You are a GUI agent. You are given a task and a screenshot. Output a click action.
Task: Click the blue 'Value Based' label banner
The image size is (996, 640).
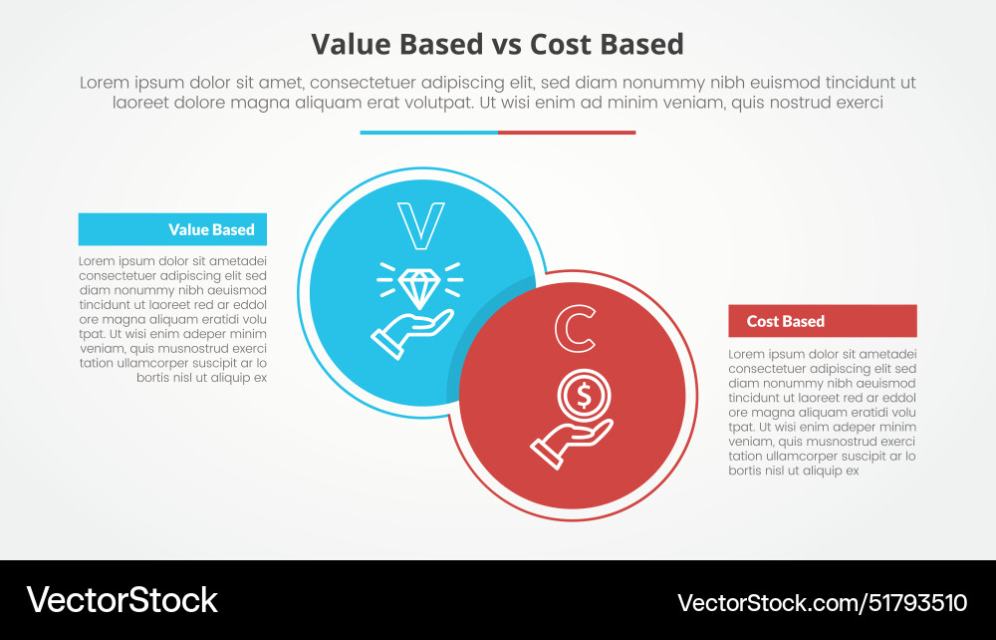(172, 229)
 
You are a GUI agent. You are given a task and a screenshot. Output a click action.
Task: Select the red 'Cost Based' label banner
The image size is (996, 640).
(822, 321)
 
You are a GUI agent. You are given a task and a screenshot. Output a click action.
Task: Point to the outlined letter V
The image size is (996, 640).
(420, 226)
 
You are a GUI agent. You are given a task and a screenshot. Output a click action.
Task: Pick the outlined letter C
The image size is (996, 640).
(575, 331)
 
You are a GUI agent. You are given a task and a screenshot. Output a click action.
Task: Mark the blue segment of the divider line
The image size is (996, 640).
(428, 133)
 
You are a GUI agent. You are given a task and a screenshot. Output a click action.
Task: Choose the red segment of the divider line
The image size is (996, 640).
(567, 133)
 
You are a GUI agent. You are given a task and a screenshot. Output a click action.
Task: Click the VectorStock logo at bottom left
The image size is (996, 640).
(122, 600)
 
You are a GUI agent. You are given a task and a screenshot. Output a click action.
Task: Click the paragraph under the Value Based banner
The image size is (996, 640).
(172, 319)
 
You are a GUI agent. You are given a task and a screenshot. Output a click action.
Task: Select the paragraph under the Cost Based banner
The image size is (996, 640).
(822, 412)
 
